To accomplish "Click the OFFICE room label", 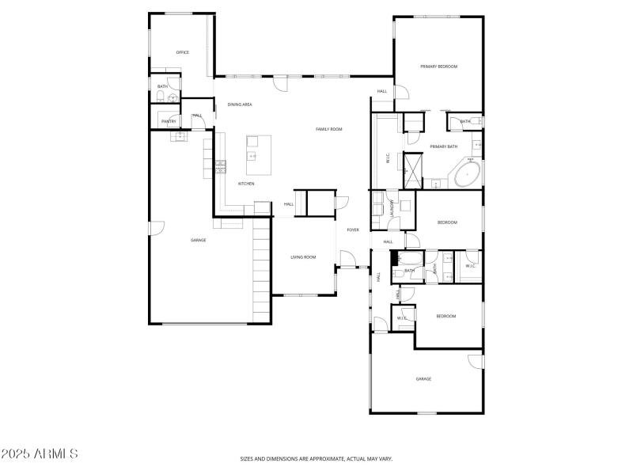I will [x=182, y=52].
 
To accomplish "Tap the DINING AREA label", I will [x=240, y=104].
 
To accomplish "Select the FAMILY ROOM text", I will [x=328, y=129].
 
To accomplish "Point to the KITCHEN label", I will [x=246, y=184].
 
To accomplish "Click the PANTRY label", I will [x=169, y=122].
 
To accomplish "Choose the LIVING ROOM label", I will [x=303, y=257].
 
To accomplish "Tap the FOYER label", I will [x=352, y=230].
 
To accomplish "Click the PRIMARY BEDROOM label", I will [x=438, y=66].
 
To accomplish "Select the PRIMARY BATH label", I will [x=443, y=146].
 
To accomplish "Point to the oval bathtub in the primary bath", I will [x=468, y=173].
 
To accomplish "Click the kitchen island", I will [x=259, y=155].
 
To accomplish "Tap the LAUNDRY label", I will [x=392, y=207].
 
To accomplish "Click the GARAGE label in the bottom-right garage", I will [x=423, y=379].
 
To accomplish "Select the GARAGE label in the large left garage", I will [x=198, y=240].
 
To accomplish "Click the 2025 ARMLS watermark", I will [x=40, y=454].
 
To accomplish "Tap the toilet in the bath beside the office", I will [x=160, y=97].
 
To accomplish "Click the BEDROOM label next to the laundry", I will [x=447, y=222].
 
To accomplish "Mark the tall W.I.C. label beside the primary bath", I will [x=388, y=158].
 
